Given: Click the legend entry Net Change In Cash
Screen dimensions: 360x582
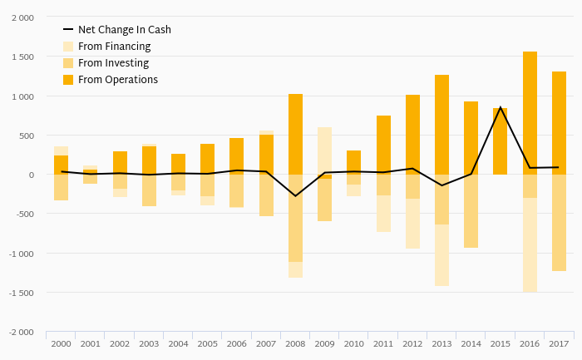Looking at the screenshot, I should tap(124, 30).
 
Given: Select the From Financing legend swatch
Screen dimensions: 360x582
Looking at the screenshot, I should tap(68, 47).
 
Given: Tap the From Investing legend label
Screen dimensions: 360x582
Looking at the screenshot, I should tap(113, 63).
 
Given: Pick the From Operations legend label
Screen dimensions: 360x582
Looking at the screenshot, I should tap(117, 80).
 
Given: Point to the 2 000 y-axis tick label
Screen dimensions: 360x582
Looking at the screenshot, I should tap(22, 17).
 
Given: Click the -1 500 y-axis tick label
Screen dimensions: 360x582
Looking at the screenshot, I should tap(21, 293).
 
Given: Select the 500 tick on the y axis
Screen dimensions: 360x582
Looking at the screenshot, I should tap(26, 136).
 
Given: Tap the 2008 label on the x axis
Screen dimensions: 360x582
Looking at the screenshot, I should tap(295, 343).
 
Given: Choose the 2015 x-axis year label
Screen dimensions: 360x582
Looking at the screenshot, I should tap(500, 343).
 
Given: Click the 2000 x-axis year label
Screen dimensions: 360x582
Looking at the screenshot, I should tap(61, 343).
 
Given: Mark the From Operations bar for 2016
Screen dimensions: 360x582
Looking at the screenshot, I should tap(530, 113).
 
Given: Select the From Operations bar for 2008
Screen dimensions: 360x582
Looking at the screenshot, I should tap(295, 134).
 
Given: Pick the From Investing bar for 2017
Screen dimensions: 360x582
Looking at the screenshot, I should tap(559, 223).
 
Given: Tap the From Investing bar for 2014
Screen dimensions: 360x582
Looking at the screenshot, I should tap(471, 211).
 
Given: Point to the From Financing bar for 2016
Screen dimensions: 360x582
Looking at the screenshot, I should tap(530, 245).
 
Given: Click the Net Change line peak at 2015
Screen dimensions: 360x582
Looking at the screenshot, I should tap(500, 107).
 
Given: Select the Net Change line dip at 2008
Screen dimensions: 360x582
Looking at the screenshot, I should tap(295, 196).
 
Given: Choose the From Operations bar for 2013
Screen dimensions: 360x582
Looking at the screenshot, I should tap(441, 125).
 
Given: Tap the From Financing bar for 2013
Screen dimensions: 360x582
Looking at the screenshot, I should tap(441, 255).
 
